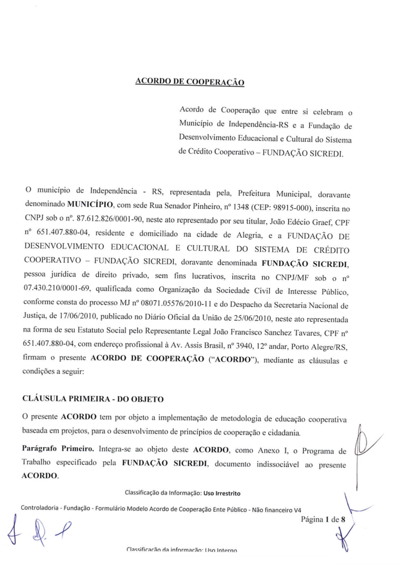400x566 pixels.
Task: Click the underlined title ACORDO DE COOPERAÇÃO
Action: (x=190, y=81)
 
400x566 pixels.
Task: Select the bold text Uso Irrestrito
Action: (x=222, y=494)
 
